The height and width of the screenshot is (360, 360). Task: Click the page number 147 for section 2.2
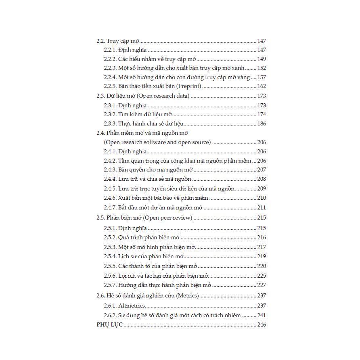coord(262,41)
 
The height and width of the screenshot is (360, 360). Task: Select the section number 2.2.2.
coord(110,59)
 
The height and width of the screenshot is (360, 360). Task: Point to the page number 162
coord(262,86)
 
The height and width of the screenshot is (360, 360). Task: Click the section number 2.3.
coord(100,96)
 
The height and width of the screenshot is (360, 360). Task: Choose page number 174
coord(262,115)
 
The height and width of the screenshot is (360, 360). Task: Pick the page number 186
coord(262,124)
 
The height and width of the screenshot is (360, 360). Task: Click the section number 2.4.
coord(100,133)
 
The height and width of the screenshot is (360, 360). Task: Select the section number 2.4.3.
coord(110,170)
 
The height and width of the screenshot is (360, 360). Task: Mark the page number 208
coord(262,179)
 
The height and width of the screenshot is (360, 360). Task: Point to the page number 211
coord(262,208)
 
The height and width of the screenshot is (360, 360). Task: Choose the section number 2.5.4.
coord(110,256)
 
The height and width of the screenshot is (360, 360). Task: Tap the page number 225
coord(262,276)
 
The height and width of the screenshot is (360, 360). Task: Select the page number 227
coord(262,285)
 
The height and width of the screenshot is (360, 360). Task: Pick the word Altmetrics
coord(132,306)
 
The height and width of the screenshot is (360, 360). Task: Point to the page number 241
coord(262,315)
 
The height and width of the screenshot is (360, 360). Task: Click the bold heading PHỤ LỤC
coord(109,325)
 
